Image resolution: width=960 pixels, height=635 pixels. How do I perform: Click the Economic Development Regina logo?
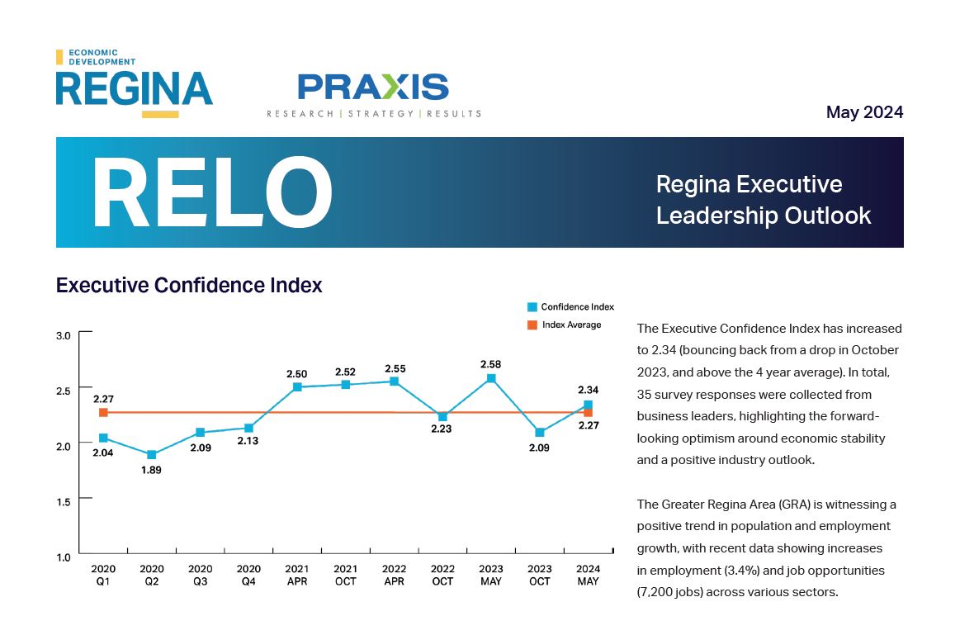tap(134, 83)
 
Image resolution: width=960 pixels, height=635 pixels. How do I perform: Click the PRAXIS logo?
tap(373, 93)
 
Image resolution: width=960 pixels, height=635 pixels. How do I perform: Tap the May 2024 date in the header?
tap(864, 112)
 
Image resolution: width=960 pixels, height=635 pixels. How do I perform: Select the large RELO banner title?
tap(212, 193)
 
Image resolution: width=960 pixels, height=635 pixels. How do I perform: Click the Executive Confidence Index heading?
tap(188, 286)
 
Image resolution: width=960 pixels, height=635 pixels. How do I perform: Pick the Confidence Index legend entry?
tap(570, 307)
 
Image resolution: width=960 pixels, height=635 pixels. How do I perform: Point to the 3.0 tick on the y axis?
tap(63, 335)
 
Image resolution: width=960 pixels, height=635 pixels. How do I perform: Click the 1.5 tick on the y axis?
tap(63, 500)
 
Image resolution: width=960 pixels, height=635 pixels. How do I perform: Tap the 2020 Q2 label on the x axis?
tap(152, 575)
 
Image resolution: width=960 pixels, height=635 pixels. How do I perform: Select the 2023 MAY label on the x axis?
tap(491, 575)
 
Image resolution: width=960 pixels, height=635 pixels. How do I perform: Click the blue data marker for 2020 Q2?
tap(152, 455)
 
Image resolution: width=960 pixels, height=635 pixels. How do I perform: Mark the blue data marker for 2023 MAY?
tap(491, 378)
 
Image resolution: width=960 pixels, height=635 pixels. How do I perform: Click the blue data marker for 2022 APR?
tap(394, 381)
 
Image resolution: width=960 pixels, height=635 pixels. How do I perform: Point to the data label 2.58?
tap(491, 364)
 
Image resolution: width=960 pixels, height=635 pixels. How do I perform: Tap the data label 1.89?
tap(151, 471)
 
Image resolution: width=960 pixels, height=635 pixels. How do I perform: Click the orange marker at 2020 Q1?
tap(103, 412)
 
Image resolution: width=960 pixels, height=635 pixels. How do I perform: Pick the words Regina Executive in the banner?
tap(749, 184)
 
